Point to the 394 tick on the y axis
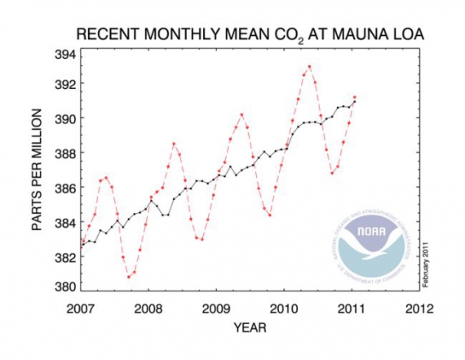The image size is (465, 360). (65, 55)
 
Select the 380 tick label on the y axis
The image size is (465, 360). (65, 287)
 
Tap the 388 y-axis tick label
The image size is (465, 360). (65, 153)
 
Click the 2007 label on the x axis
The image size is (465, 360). (82, 309)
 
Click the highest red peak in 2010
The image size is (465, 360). (309, 67)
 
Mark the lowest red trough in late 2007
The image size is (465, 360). (129, 277)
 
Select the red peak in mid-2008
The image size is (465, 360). (174, 144)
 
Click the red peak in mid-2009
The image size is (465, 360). (241, 114)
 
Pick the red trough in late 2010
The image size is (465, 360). (332, 172)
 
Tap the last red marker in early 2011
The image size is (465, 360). (354, 97)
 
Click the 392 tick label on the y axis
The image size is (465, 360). (65, 85)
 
